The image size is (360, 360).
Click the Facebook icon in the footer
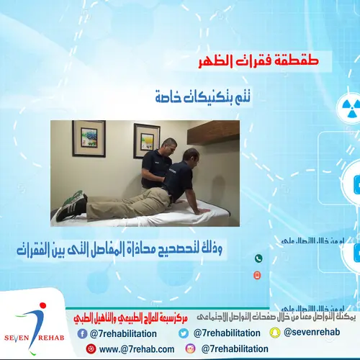(x=83, y=333)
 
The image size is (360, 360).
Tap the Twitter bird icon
(x=184, y=333)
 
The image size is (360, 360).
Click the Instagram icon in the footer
(x=191, y=348)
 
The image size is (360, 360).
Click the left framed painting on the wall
(x=88, y=138)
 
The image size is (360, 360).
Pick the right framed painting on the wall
(x=147, y=140)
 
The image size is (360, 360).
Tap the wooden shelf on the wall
(x=214, y=132)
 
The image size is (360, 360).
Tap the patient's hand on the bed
(x=202, y=210)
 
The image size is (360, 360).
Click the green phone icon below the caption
(x=258, y=258)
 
